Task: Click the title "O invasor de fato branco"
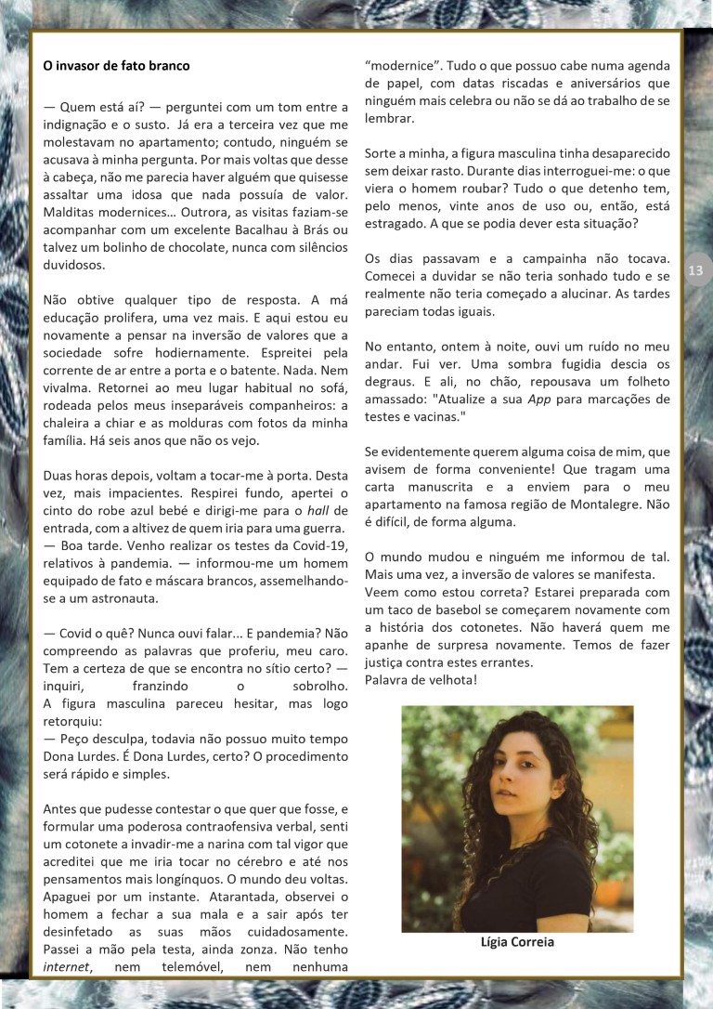click(116, 66)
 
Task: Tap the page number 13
click(696, 270)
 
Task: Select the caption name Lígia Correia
click(517, 941)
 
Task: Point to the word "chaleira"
click(72, 406)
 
